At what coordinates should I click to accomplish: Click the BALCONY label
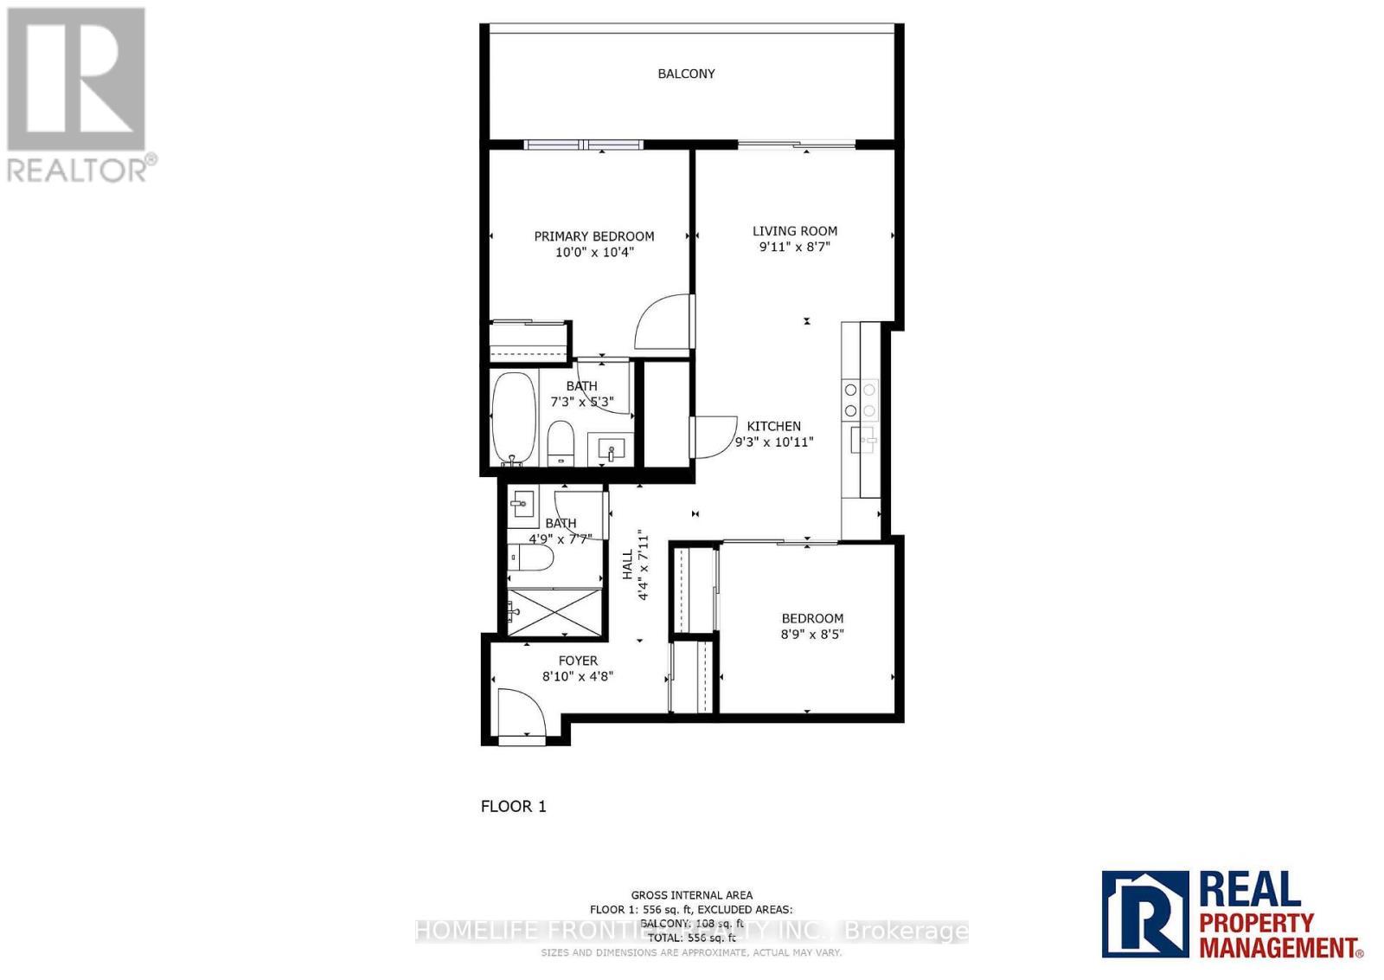coord(686,74)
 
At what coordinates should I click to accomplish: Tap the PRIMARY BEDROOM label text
coord(593,236)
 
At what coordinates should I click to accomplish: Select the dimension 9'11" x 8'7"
coord(794,247)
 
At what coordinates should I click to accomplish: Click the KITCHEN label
coord(773,426)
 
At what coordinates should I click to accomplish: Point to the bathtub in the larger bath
coord(514,418)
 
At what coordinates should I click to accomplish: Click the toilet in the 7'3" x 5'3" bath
coord(561,442)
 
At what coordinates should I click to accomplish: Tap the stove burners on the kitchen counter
coord(860,400)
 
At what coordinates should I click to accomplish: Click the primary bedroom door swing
coord(664,322)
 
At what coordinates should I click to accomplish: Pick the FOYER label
coord(578,661)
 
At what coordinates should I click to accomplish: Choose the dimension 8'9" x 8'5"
coord(812,634)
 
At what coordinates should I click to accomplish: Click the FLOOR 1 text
coord(513,806)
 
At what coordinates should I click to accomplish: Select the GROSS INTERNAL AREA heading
coord(691,895)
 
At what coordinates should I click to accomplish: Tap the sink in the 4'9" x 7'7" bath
coord(522,503)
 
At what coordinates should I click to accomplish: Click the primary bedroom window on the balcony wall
coord(585,145)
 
